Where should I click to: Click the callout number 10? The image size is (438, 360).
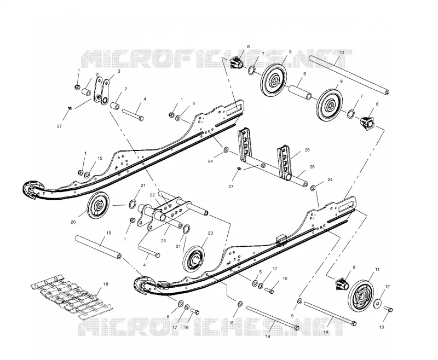coord(342,52)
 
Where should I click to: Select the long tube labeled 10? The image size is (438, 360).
coord(349,76)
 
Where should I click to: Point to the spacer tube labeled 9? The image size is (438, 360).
coord(300,91)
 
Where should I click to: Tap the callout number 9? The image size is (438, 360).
coord(304,74)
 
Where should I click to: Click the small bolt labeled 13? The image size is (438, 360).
coord(389,309)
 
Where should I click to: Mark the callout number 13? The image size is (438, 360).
coord(381,327)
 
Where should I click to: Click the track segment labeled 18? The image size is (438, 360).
coord(71,297)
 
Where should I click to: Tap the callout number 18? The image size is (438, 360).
coord(106,284)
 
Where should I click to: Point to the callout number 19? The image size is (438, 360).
coord(109,233)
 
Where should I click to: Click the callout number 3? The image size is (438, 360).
coord(119,71)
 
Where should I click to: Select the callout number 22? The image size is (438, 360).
coord(152,195)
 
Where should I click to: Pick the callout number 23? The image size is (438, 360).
coord(163,241)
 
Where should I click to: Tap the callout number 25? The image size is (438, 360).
coord(312,167)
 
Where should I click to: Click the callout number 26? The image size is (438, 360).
coord(307,150)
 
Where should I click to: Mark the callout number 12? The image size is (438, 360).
coord(387,287)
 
